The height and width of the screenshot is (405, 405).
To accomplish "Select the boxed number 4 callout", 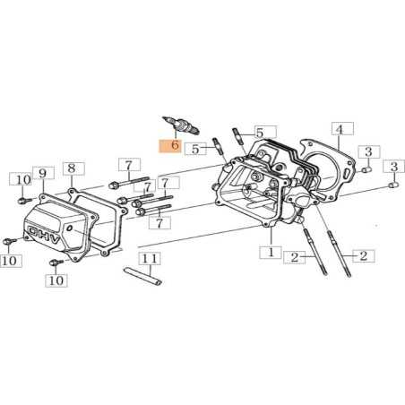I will point(339,130).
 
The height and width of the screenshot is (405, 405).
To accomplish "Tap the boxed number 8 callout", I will point(72,168).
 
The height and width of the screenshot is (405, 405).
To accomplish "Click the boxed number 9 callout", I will point(41,173).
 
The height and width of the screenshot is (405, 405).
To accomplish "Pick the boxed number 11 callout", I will point(152,260).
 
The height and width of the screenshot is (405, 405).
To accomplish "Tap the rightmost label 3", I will point(392,168).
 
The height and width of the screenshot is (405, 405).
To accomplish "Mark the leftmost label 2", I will point(292,258).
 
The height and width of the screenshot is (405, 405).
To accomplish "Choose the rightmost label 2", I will point(363,255).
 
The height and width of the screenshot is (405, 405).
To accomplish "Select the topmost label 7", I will point(129,165).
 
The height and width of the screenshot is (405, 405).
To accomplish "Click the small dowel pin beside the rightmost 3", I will point(393,185).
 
